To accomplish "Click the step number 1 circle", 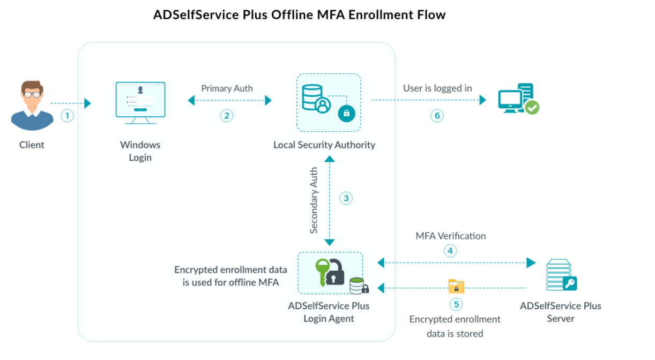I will pyautogui.click(x=67, y=115).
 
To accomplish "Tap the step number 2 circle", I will pyautogui.click(x=227, y=115).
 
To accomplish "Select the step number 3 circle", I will pyautogui.click(x=346, y=198).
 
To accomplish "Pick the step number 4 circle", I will pyautogui.click(x=450, y=250).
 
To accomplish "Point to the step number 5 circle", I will pyautogui.click(x=456, y=304).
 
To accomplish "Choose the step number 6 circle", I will pyautogui.click(x=437, y=115).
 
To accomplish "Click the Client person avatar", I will pyautogui.click(x=32, y=106).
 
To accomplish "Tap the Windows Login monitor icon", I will pyautogui.click(x=140, y=103).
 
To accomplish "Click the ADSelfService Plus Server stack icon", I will pyautogui.click(x=560, y=275).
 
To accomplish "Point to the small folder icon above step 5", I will pyautogui.click(x=456, y=287).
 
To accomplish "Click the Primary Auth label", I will pyautogui.click(x=227, y=88).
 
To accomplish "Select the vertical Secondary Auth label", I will pyautogui.click(x=314, y=200).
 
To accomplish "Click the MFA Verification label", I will pyautogui.click(x=450, y=236).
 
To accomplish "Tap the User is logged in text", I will pyautogui.click(x=437, y=88).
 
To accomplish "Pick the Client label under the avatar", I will pyautogui.click(x=32, y=145).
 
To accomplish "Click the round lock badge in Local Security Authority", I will pyautogui.click(x=346, y=113).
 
